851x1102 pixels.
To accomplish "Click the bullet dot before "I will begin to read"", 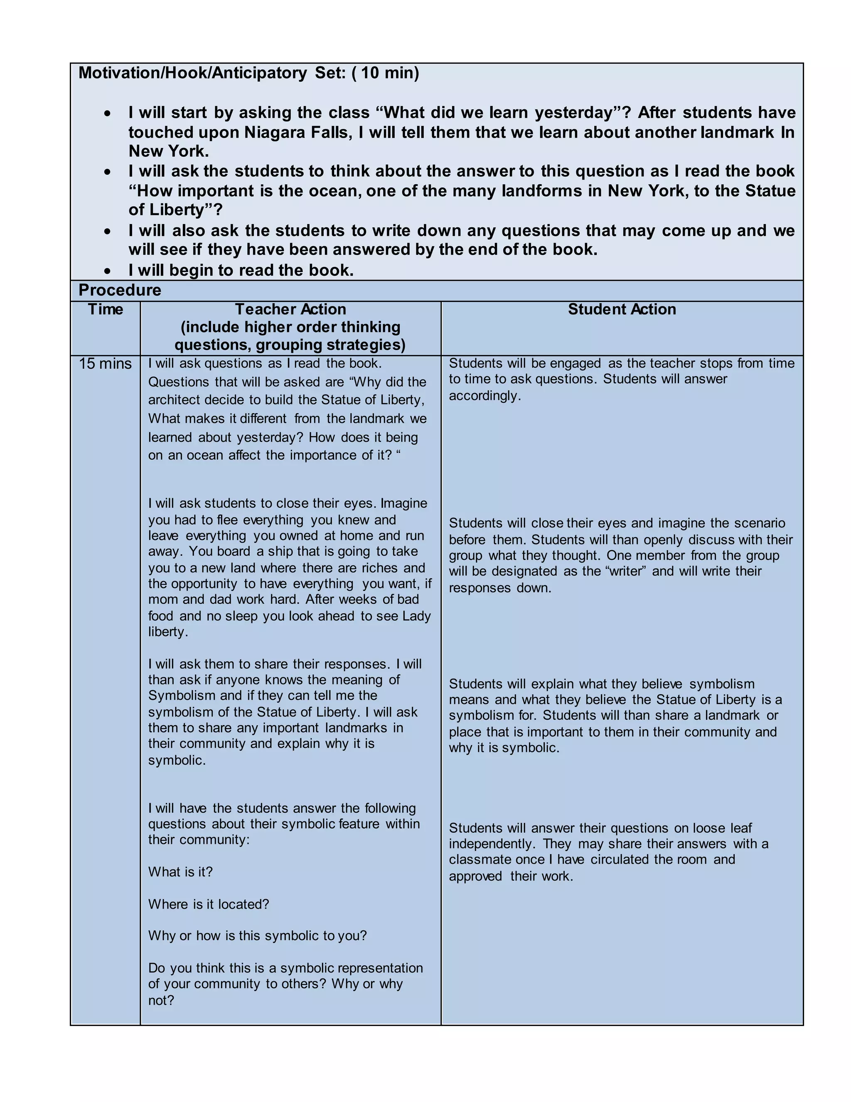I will [107, 271].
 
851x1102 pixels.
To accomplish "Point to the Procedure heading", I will [120, 290].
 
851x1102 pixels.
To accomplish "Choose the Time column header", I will [106, 309].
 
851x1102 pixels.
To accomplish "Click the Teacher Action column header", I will [290, 309].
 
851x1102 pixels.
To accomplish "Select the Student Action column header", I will [622, 309].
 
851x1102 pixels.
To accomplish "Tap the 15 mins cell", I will [105, 363].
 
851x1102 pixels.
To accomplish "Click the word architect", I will [172, 400].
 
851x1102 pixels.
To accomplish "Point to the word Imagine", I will [404, 503].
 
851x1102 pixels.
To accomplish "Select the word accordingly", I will [484, 395].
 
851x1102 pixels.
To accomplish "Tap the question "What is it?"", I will [180, 872].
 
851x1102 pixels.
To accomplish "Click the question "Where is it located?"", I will [209, 904].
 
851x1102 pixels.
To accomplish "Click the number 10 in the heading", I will [369, 73].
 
